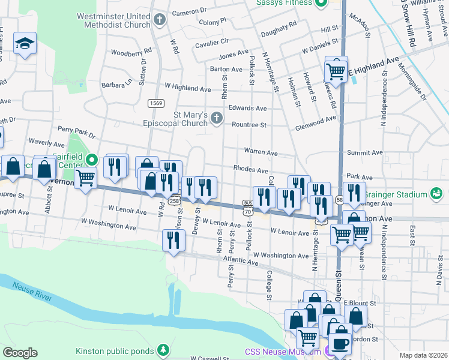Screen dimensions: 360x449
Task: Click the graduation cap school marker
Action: tap(25, 43)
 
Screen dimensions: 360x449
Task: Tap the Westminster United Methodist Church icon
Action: tap(160, 20)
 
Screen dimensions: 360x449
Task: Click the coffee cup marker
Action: tap(341, 344)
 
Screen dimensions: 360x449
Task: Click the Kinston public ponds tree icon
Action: tap(163, 350)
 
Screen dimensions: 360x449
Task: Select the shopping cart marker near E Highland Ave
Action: tap(336, 71)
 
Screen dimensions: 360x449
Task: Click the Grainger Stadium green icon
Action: tap(436, 194)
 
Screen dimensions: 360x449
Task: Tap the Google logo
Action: tap(20, 352)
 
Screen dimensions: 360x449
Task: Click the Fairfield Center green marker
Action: tap(91, 160)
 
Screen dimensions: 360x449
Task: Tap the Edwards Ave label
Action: tap(247, 109)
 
